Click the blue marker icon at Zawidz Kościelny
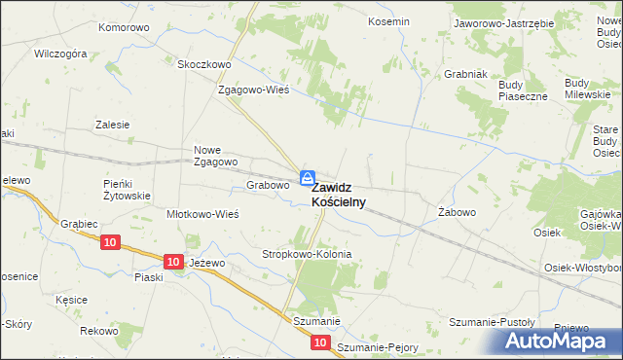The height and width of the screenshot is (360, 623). [307, 178]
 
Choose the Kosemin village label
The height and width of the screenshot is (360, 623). [386, 20]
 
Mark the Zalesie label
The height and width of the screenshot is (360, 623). [112, 125]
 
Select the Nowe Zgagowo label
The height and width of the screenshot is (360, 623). [216, 156]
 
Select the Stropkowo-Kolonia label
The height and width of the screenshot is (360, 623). [307, 254]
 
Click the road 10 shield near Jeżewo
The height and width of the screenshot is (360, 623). [172, 262]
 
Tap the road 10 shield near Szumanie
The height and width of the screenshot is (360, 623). [321, 342]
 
